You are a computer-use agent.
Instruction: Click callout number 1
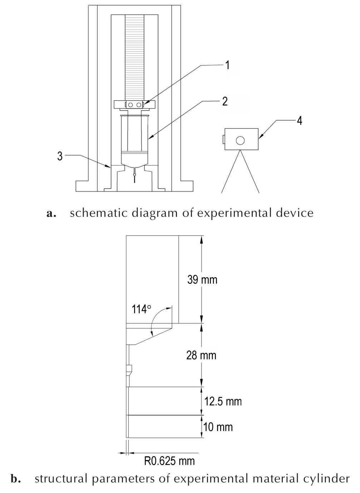[x=228, y=65]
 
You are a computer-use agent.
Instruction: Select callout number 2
[x=225, y=102]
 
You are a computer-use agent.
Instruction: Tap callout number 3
[x=60, y=156]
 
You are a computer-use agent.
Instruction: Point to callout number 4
[x=300, y=121]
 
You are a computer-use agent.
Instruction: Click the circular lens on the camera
[x=240, y=140]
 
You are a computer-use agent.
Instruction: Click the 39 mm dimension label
[x=202, y=280]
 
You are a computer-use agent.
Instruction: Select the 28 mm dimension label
[x=201, y=355]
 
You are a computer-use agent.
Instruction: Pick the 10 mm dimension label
[x=218, y=427]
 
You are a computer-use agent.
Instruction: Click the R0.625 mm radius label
[x=169, y=461]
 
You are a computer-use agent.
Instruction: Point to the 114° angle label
[x=142, y=309]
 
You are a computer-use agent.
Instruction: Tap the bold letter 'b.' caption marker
[x=16, y=479]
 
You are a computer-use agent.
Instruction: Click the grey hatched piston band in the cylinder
[x=134, y=152]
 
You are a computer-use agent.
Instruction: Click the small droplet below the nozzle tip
[x=134, y=175]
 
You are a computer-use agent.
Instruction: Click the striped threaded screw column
[x=134, y=58]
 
